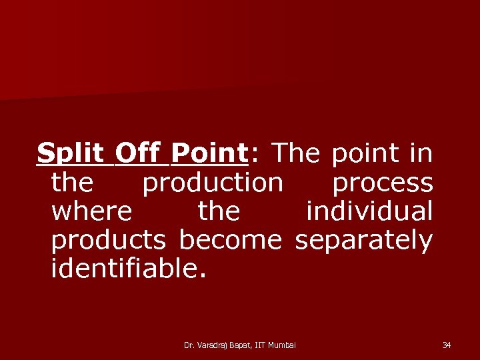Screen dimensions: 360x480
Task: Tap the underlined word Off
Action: click(x=137, y=154)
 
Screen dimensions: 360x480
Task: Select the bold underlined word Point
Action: click(x=209, y=154)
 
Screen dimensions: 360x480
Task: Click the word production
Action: click(x=213, y=183)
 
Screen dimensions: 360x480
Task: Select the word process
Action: click(x=383, y=183)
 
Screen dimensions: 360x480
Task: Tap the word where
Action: click(x=91, y=212)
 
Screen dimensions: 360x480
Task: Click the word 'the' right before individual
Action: click(x=219, y=212)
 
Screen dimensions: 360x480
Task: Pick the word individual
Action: click(x=369, y=212)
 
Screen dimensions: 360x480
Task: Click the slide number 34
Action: click(x=447, y=345)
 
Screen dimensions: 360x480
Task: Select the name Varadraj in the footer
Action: click(x=213, y=345)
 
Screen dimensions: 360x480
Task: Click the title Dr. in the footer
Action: click(x=189, y=345)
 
